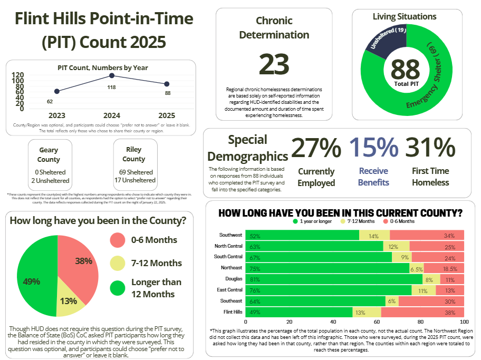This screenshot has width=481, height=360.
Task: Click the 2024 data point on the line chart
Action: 112,76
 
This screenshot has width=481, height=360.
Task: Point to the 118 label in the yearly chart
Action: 112,87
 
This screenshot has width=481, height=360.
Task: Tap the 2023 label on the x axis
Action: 56,115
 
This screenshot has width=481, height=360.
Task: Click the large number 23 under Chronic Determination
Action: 274,64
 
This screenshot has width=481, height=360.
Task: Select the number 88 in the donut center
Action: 405,69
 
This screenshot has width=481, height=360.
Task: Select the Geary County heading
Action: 49,154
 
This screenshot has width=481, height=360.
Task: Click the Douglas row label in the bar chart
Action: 233,279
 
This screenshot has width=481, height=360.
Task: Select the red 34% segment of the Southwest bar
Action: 427,235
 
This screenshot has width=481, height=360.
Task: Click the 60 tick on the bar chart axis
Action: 377,322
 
